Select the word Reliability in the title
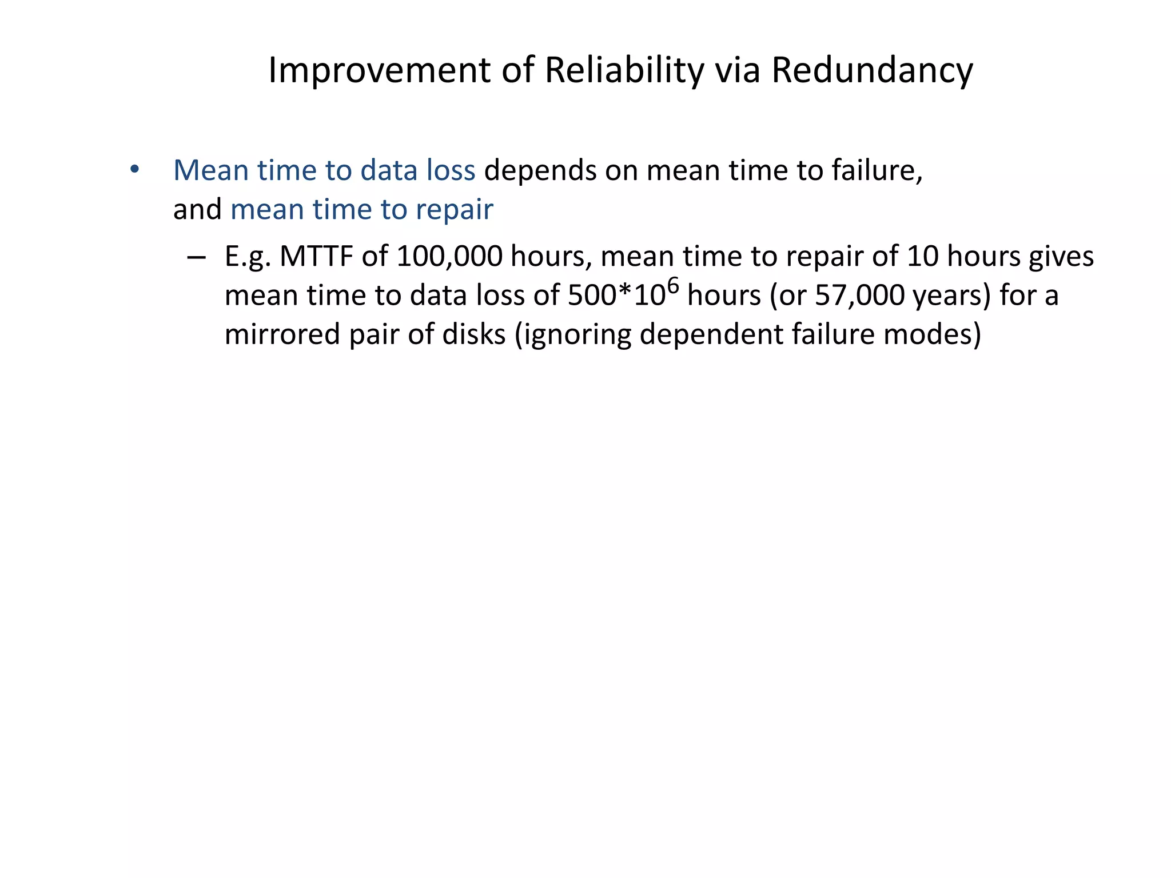tap(624, 70)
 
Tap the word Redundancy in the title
tap(871, 70)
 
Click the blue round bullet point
tap(134, 169)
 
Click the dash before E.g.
tap(196, 257)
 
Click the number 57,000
tap(859, 296)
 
